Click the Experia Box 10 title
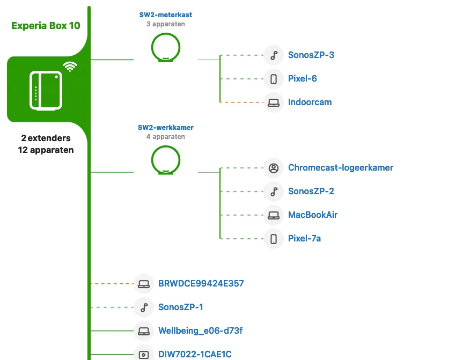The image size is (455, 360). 46,25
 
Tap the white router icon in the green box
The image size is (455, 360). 46,90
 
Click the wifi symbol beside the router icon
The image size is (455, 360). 70,67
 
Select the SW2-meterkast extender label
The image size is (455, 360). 166,16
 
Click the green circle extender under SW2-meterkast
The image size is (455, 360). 166,48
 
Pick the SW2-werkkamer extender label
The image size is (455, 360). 166,128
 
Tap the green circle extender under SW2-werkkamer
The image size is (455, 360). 166,160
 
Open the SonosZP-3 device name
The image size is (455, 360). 311,55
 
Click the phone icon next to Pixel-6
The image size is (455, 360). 274,79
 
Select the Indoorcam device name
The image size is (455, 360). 310,102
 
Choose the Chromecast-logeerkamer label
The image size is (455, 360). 340,167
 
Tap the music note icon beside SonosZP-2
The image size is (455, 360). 274,191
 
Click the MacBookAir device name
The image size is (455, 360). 313,215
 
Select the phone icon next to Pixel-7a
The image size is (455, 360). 274,238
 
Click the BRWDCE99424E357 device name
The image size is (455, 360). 201,283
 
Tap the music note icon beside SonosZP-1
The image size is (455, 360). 144,307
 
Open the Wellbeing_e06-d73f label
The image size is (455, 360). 197,330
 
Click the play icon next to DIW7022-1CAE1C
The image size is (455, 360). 144,354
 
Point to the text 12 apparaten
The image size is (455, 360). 46,150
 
